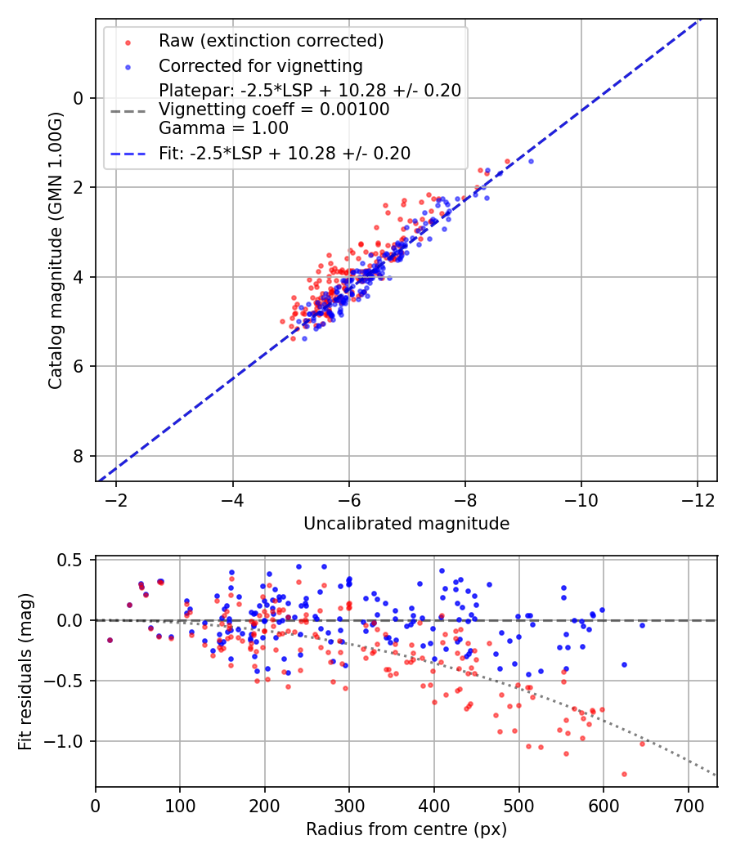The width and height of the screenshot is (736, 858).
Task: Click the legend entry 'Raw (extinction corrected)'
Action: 271,40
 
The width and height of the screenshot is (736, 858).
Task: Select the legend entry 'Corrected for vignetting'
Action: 261,65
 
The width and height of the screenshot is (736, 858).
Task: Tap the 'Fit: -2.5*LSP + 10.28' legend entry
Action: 285,153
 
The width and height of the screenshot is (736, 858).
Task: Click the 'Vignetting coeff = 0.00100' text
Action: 274,109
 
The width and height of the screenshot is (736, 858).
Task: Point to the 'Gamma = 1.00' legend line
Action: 223,128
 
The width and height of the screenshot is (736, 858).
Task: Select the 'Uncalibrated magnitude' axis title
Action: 406,524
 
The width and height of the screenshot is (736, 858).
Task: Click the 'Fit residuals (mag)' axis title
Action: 25,671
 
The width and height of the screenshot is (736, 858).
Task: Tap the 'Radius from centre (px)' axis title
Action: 406,829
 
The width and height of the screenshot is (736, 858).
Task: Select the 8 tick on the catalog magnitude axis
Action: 79,456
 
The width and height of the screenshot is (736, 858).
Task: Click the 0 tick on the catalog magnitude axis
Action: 79,98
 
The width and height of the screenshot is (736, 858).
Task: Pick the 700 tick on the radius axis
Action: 688,804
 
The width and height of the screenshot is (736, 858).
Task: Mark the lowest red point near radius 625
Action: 624,774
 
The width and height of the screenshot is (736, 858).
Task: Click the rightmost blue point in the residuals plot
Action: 642,625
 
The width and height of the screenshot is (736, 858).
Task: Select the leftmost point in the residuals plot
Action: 110,640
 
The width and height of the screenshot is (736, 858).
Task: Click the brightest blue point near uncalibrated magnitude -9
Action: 531,161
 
